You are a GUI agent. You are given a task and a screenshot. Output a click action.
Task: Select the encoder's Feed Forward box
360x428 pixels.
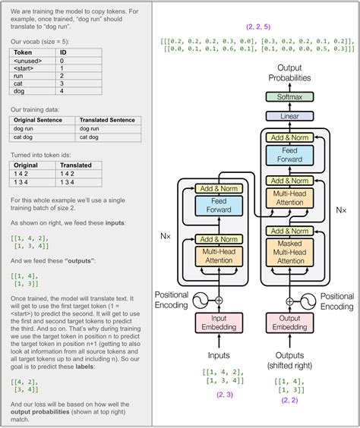click(218, 205)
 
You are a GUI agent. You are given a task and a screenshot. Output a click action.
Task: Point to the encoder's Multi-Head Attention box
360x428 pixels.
click(218, 256)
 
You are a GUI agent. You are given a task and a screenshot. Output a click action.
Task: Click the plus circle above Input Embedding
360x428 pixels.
click(219, 301)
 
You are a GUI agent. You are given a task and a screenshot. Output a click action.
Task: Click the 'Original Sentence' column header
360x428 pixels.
click(41, 120)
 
